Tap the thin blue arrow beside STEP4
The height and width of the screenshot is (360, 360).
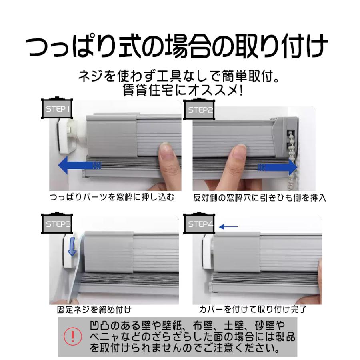click(228, 227)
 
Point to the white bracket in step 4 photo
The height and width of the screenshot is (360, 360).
click(207, 252)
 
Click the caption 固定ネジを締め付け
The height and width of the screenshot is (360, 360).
click(94, 310)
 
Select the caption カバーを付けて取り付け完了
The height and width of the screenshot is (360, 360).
click(254, 309)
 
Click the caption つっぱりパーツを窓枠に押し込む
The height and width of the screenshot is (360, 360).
click(112, 197)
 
